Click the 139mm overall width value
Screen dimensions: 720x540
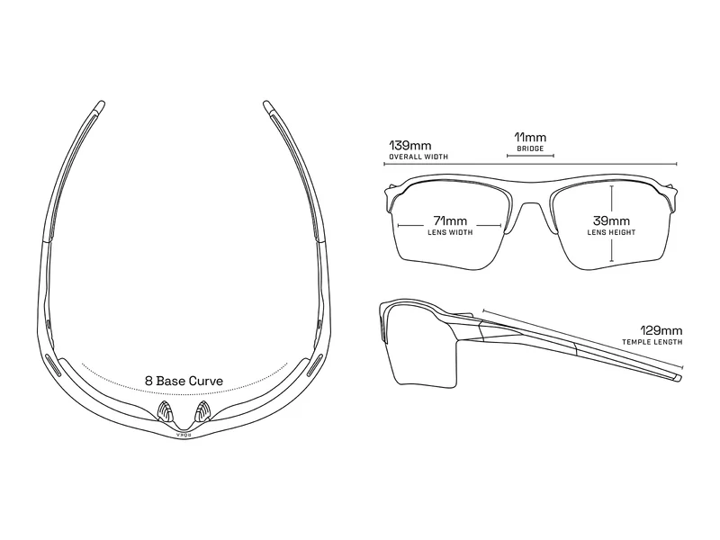click(x=410, y=146)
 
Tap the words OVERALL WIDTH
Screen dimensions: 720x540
click(x=418, y=157)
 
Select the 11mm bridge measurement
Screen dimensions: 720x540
click(x=530, y=137)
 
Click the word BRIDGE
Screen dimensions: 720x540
click(x=530, y=148)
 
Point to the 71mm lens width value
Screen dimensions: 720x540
click(x=450, y=220)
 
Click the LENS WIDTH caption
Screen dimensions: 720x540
click(x=450, y=232)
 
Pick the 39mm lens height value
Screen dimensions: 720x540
click(x=611, y=220)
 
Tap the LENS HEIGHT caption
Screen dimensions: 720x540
click(x=611, y=232)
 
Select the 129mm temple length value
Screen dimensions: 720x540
click(x=661, y=330)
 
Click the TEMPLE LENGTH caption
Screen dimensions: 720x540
click(x=652, y=342)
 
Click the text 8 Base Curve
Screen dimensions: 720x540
click(x=184, y=381)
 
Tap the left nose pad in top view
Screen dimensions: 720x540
click(x=166, y=411)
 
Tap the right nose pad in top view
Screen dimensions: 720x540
click(x=202, y=411)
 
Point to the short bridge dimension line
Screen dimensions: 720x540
click(x=530, y=156)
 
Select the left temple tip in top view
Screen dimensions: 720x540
click(x=99, y=106)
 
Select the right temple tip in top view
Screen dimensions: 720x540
click(x=268, y=106)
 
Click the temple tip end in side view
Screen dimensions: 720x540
click(x=678, y=377)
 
